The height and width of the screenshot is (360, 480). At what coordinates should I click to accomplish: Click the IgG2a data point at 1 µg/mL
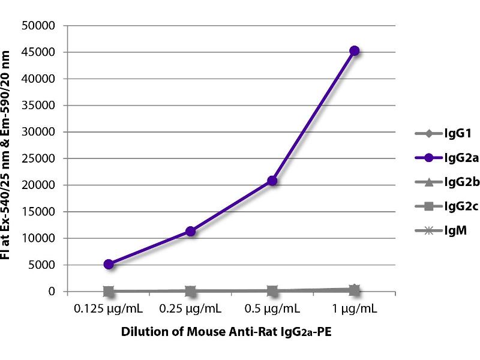tap(355, 51)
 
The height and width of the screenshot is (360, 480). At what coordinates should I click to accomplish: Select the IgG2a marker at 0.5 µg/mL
tap(272, 181)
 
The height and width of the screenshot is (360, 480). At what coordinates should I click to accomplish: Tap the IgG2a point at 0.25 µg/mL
tap(191, 231)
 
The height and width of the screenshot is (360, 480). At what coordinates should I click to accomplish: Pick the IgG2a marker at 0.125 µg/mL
tap(109, 264)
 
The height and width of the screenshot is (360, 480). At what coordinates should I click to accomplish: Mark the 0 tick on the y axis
tap(52, 292)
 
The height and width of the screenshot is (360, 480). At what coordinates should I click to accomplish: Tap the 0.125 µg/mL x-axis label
tap(109, 310)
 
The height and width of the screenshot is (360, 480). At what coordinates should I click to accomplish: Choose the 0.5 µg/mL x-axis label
tap(272, 310)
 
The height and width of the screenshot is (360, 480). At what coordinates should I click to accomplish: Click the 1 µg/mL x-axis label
tap(355, 310)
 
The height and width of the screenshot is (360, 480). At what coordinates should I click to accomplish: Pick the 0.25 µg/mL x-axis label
tap(191, 310)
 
